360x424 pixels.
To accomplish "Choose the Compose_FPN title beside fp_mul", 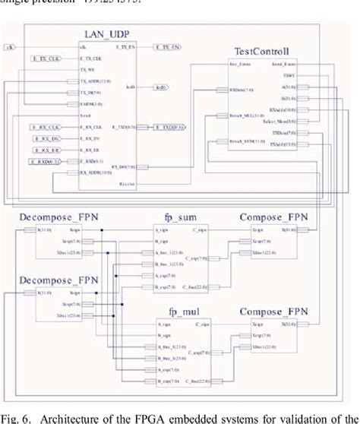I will [274, 312].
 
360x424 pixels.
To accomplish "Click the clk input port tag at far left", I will [10, 47].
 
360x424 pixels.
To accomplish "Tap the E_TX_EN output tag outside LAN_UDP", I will [167, 47].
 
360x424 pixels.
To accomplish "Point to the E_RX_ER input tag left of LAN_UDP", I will [45, 150].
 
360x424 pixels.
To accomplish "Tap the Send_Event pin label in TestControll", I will [285, 65].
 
